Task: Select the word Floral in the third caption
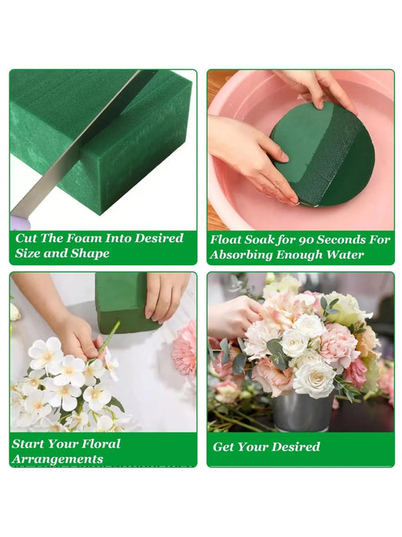104,444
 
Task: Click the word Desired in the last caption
298,447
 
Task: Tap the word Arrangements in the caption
57,459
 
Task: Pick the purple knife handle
20,223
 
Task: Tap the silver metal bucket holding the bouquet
302,412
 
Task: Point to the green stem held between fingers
109,339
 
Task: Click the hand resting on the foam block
166,296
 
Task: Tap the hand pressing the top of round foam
316,90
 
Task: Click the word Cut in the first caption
26,238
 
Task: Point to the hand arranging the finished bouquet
236,317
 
